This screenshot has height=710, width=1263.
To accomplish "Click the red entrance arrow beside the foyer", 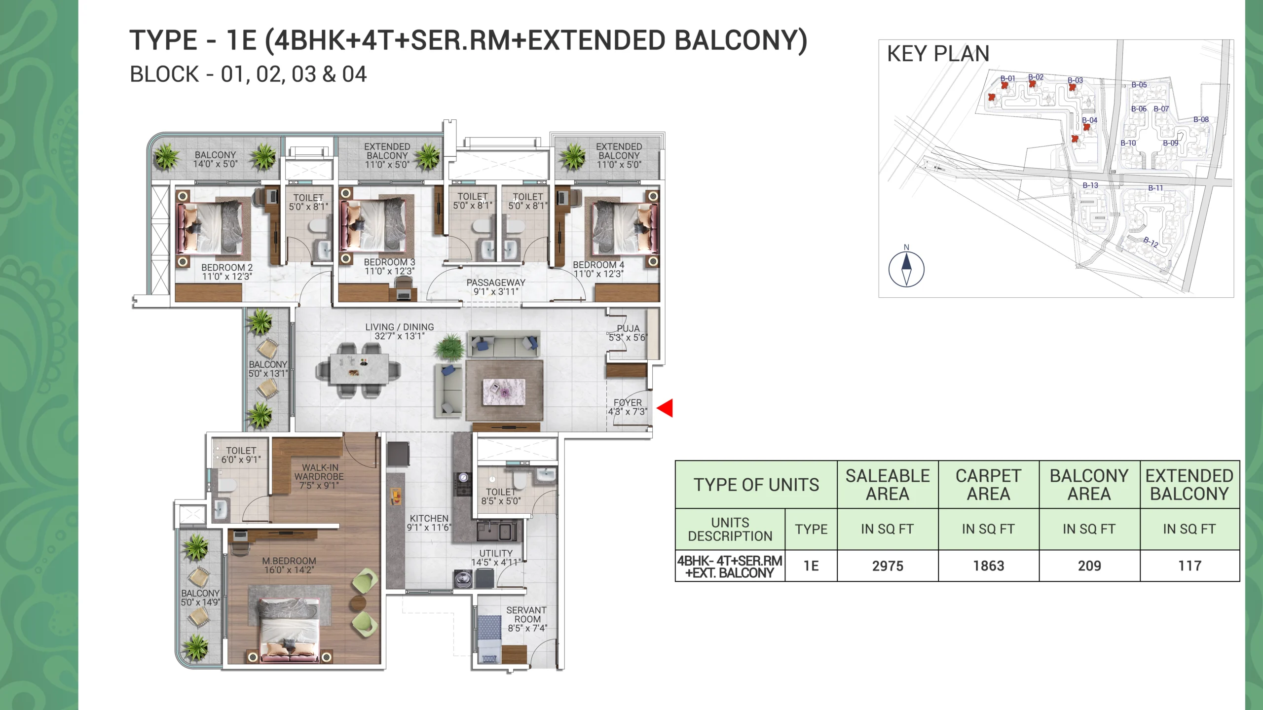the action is (666, 408).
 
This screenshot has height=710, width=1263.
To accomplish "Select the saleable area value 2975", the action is (888, 566).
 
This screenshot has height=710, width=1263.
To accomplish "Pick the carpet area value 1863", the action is (988, 566).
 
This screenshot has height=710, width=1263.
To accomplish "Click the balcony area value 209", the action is (1089, 566).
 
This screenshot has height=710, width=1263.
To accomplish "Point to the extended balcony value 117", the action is (1189, 566).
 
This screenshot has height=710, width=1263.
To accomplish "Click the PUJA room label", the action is (628, 328).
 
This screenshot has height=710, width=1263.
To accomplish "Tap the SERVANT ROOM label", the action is (527, 614).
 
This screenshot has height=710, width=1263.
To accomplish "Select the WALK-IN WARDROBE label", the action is (319, 472).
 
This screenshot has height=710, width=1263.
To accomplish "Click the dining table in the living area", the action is (358, 370).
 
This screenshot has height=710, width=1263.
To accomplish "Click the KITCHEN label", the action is (429, 518).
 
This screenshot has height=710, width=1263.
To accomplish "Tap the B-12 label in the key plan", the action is (1151, 242).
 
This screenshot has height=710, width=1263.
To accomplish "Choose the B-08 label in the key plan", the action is (1201, 119).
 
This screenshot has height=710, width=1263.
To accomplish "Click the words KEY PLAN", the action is (938, 53).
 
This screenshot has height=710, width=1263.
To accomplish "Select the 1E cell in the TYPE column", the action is (811, 566).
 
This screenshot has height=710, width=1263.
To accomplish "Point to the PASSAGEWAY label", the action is (496, 283).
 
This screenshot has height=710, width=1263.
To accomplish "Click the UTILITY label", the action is (496, 553).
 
